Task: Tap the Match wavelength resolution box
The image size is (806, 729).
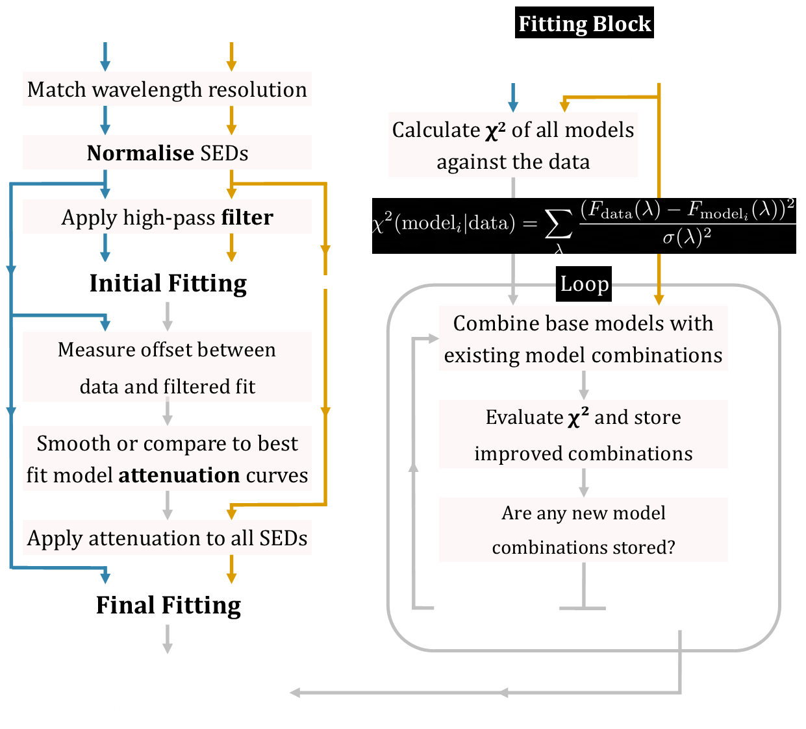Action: coord(167,89)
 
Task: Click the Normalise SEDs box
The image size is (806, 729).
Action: coord(167,153)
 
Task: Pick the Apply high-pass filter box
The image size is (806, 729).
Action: coord(167,217)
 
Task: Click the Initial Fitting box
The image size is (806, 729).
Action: coord(168,282)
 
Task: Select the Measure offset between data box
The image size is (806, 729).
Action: coord(167,367)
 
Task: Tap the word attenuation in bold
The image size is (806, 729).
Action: coord(179,475)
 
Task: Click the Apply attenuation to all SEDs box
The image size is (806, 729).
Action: coord(167,537)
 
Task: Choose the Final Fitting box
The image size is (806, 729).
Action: coord(168,604)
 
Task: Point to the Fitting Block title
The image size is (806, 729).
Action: coord(584,24)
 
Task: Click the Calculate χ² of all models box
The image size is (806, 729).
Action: coord(512,145)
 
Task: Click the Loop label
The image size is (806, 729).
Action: coord(584,284)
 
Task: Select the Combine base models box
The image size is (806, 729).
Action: coord(583,338)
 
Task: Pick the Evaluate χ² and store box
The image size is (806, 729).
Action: coord(583,434)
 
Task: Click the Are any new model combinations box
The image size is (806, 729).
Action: coord(583,529)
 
